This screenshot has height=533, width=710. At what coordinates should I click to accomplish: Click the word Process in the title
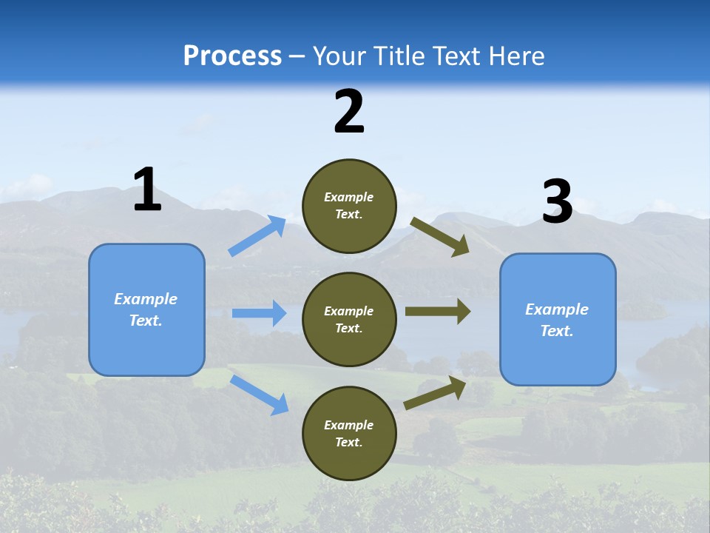[232, 56]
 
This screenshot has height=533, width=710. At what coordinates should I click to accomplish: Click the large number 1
[147, 190]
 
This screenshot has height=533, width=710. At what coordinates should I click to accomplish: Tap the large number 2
[349, 112]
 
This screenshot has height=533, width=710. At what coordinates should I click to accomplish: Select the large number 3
[557, 202]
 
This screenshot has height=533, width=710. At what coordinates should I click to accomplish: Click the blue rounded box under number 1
[146, 309]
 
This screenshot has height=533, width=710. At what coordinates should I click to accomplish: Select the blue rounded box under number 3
[558, 320]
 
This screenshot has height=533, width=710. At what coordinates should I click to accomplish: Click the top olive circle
[349, 206]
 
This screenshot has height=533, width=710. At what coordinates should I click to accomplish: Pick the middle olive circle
[349, 320]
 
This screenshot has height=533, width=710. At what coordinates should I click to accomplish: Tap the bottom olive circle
[349, 434]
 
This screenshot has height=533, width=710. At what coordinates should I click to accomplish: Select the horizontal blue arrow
[259, 313]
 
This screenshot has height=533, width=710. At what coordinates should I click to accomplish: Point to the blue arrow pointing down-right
[259, 395]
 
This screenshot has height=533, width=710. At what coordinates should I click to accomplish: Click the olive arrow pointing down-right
[440, 236]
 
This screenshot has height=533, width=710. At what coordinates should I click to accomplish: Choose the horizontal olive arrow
[438, 312]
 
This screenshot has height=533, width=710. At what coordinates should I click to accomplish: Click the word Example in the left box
[146, 299]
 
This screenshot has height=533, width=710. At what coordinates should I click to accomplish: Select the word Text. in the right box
[557, 331]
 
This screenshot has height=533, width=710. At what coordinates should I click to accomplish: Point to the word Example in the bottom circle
[349, 425]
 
